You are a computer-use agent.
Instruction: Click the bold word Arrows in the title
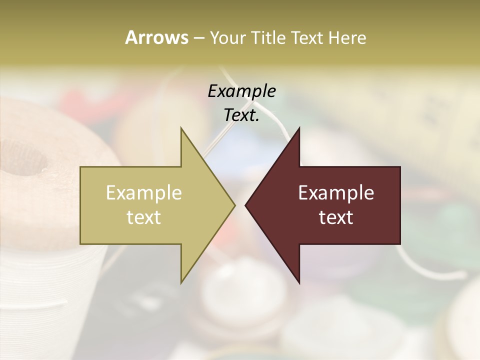pos(156,37)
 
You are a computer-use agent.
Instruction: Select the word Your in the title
pos(228,38)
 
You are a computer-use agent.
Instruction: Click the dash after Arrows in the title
pos(198,38)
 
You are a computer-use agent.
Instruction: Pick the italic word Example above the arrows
pos(242,91)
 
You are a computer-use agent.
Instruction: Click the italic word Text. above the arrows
pos(242,115)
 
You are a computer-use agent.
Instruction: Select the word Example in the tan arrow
pos(144,193)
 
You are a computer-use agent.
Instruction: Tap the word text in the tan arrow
pos(144,217)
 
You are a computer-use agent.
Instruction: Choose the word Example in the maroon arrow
pos(336,193)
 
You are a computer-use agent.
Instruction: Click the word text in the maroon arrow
pos(336,217)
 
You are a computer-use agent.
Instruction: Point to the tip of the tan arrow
pos(234,205)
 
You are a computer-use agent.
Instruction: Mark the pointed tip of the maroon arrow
pos(245,205)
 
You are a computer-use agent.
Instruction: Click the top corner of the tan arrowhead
pos(181,128)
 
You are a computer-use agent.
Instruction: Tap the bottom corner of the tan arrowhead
pos(181,283)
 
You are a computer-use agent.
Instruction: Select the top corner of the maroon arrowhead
pos(299,128)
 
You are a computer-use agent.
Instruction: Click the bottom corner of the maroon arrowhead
pos(299,283)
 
